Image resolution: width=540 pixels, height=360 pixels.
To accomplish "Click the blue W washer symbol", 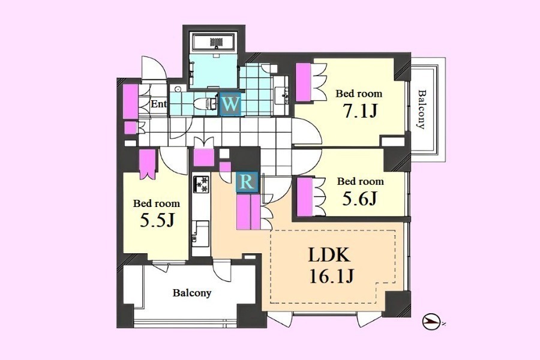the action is [230, 104].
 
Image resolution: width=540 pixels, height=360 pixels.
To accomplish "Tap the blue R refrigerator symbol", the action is [247, 182].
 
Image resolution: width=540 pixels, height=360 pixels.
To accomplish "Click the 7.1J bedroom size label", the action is [360, 110].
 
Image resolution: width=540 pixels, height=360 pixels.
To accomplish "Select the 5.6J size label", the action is [360, 198].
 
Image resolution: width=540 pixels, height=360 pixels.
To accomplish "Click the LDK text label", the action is [329, 255].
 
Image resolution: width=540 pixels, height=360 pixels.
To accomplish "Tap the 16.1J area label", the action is [332, 276].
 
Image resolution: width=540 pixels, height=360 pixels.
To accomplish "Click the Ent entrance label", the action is [159, 104].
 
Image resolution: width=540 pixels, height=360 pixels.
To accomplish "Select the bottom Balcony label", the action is [192, 293].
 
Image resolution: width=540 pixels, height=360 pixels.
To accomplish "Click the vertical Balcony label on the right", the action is [421, 109].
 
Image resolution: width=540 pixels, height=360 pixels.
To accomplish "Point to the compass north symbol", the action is [431, 322].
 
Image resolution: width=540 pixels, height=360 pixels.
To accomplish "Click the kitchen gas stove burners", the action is [201, 184].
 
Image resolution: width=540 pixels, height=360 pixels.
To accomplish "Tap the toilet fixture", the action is [205, 103].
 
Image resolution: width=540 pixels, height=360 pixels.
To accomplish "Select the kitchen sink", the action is [200, 233].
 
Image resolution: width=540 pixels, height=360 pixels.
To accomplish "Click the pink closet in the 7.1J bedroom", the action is [304, 82].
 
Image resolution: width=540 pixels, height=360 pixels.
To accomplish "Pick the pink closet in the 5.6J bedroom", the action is [304, 197].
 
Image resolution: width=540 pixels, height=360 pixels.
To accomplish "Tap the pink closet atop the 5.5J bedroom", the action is [148, 160].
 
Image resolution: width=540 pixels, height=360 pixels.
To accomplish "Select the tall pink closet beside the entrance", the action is [131, 101].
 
